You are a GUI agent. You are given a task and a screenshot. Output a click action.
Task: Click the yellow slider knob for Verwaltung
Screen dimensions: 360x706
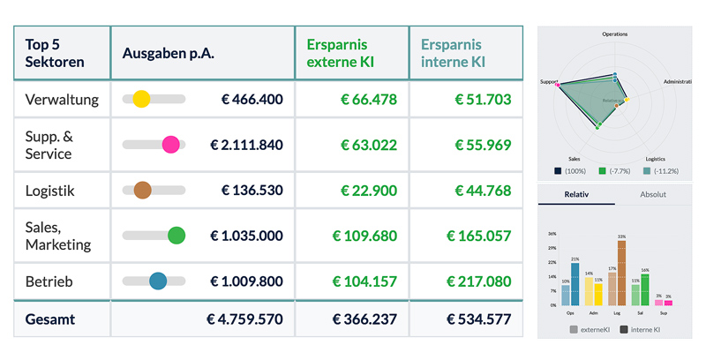141,99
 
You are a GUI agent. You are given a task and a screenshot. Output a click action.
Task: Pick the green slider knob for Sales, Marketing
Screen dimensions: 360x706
176,236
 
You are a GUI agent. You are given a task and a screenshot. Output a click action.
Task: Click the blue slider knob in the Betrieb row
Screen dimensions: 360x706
158,281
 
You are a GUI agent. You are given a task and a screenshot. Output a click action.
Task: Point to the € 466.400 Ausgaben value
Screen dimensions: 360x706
252,100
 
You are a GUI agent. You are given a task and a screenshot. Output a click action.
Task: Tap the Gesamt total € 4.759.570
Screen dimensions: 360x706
244,319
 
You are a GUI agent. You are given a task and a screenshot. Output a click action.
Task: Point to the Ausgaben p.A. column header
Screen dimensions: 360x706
169,53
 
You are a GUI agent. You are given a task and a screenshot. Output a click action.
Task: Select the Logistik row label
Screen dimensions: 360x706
50,191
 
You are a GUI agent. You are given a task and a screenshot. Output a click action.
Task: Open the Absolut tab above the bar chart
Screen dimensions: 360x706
653,194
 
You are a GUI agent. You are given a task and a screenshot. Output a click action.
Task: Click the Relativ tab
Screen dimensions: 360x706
576,194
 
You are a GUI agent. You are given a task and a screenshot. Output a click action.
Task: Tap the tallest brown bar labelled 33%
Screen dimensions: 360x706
621,274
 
